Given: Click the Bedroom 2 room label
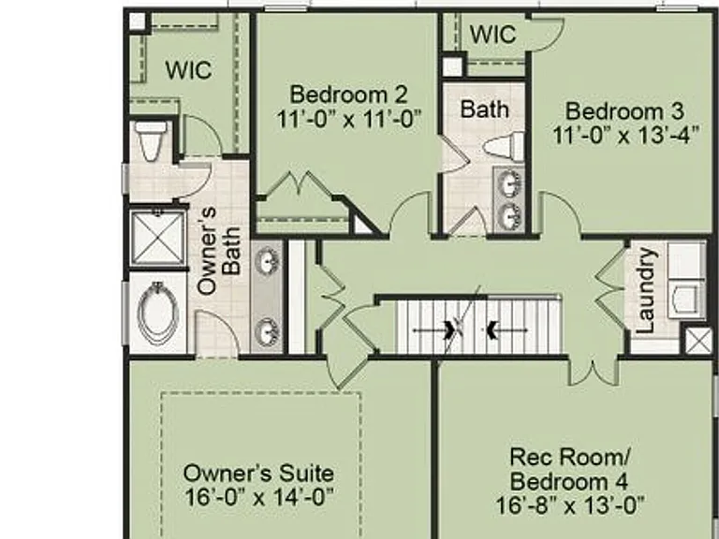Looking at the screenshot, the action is [348, 95].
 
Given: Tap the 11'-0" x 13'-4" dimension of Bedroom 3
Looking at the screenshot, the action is [626, 135].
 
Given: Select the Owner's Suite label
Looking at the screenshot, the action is [258, 473].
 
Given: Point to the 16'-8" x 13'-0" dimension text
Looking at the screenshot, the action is [570, 506].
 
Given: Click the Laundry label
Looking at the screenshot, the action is [645, 290].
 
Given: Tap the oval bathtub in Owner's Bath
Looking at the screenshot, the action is [157, 313].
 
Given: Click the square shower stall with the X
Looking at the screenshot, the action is [157, 238].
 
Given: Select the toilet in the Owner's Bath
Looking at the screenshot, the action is [152, 140].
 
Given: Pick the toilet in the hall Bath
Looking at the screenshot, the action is [504, 146].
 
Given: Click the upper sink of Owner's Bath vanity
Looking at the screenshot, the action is [267, 260].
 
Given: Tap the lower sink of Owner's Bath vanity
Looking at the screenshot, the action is [267, 332].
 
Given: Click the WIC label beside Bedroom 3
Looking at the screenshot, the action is [493, 34].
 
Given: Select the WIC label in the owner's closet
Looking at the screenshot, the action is [188, 69].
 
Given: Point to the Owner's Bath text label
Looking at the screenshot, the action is [219, 251].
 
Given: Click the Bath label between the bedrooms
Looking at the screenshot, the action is [485, 109].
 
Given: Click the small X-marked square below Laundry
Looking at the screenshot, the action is [698, 341].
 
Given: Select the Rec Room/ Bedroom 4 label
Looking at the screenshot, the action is [569, 469].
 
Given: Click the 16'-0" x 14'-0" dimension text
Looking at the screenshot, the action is [258, 497].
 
